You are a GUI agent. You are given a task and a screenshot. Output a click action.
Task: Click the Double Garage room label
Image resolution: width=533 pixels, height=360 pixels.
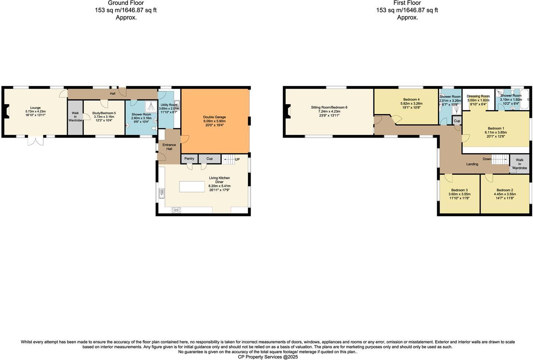tap(214, 117)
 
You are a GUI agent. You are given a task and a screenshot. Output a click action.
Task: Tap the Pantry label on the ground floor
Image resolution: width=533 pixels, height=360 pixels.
tap(189, 159)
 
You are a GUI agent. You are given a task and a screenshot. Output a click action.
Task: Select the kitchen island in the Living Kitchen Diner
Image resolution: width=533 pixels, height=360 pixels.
tap(192, 186)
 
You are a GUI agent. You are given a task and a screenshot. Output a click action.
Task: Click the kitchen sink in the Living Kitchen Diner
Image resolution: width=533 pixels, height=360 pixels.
tap(161, 193)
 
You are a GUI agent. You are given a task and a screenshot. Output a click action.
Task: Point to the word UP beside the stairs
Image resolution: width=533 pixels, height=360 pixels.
tap(237, 160)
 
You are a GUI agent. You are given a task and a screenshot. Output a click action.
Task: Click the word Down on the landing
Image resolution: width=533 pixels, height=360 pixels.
tap(487, 159)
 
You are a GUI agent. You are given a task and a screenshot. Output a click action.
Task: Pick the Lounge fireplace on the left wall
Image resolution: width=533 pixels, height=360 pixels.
tap(6, 110)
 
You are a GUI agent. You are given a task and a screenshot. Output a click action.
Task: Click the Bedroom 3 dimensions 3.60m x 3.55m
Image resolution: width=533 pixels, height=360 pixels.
tap(459, 194)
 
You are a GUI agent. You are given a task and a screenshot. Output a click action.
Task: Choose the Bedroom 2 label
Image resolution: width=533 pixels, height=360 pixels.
tap(504, 190)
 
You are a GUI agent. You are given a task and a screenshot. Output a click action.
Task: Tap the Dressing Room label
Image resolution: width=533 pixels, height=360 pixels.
tap(478, 96)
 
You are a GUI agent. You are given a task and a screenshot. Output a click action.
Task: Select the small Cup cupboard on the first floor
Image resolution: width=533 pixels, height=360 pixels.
tap(457, 121)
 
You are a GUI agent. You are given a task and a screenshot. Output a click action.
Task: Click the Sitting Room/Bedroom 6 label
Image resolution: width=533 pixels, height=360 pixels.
tap(329, 107)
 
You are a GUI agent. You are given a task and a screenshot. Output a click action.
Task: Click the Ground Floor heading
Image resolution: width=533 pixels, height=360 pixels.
tap(126, 3)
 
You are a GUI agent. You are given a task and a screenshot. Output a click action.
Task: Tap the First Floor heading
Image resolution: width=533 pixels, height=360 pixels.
tap(407, 3)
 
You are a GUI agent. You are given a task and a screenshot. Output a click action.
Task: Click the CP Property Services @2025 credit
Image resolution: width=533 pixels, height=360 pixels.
tap(268, 357)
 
